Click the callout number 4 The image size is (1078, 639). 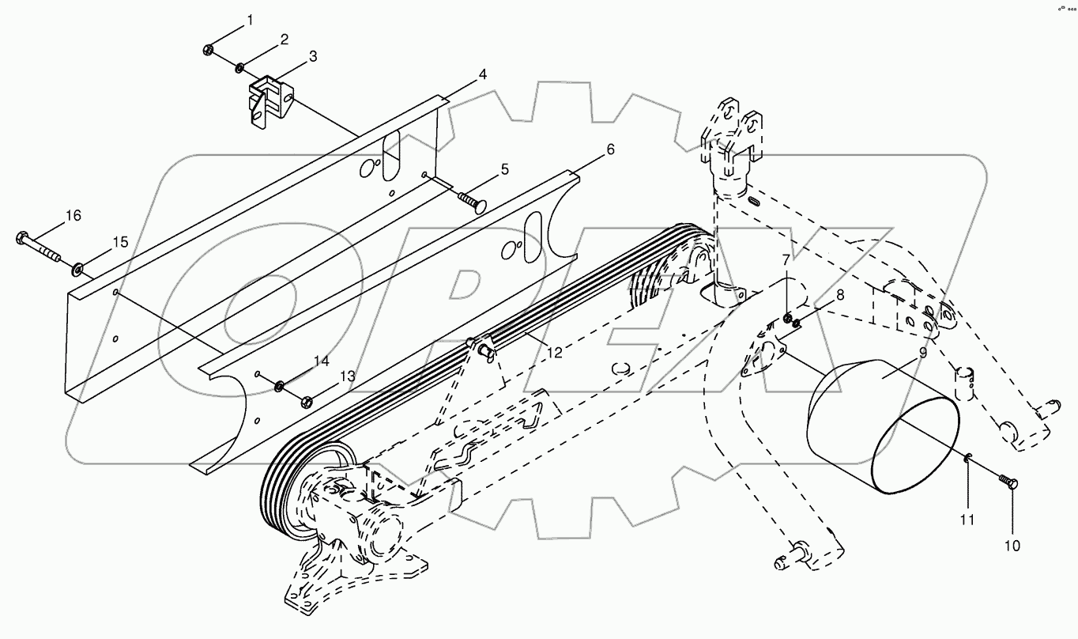pyautogui.click(x=481, y=75)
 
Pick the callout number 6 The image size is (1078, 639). pyautogui.click(x=609, y=149)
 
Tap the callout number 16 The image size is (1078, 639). pyautogui.click(x=73, y=215)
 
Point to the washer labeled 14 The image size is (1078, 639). pyautogui.click(x=280, y=387)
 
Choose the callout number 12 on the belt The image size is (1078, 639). pyautogui.click(x=555, y=353)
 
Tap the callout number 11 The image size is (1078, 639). pyautogui.click(x=967, y=520)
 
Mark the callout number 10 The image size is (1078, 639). pyautogui.click(x=1012, y=545)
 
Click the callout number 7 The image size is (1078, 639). pyautogui.click(x=786, y=260)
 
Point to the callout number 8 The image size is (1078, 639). pyautogui.click(x=839, y=294)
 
